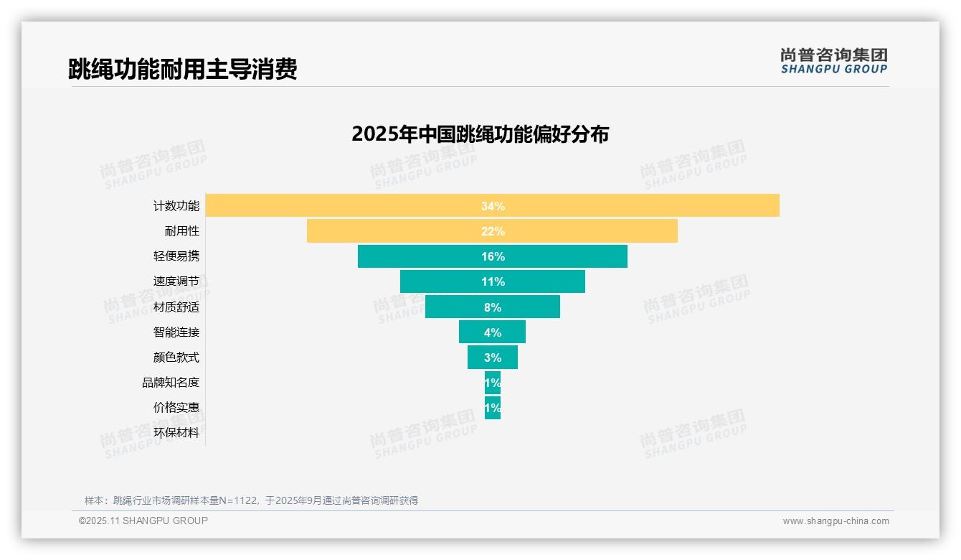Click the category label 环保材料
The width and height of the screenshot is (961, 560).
pos(176,433)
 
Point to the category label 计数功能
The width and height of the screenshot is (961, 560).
pos(176,206)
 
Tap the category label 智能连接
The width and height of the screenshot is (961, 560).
pos(176,332)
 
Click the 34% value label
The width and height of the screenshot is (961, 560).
pos(493,206)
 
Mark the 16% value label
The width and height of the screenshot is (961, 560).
pos(493,256)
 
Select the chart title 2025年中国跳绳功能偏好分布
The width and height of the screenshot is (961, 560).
pos(480,134)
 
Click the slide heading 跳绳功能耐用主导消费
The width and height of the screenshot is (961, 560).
pos(183,70)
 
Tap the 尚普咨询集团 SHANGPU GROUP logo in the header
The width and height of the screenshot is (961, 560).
pos(834,61)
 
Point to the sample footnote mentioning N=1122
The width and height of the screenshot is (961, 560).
pos(251,500)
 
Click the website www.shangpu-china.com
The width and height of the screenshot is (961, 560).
pos(835,521)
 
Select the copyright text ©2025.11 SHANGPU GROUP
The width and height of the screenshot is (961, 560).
pos(143,521)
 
